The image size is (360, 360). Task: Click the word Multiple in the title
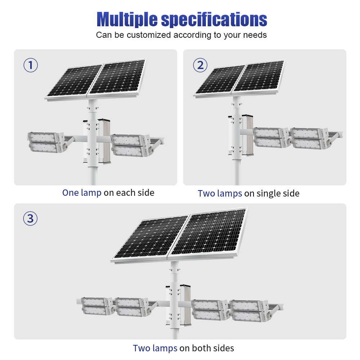[x=127, y=19]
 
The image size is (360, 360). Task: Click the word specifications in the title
[x=214, y=19]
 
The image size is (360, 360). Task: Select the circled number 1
[x=31, y=65]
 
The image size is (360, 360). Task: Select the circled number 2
[x=200, y=65]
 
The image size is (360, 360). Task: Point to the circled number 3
[x=30, y=219]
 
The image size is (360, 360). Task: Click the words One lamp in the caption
[x=82, y=193]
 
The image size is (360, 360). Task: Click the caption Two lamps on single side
[x=249, y=194]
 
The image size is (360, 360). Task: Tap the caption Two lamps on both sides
[x=184, y=348]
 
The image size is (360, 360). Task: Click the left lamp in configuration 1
[x=46, y=142]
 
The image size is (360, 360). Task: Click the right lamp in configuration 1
[x=131, y=146]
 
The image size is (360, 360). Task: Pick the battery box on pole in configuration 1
[x=104, y=141]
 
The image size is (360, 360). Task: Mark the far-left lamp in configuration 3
[x=95, y=306]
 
